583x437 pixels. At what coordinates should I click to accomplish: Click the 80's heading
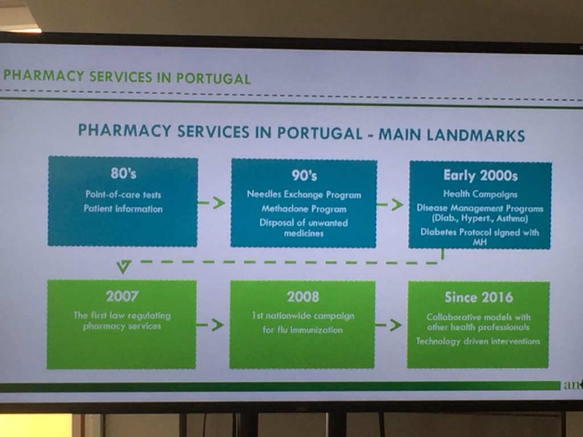(x=124, y=173)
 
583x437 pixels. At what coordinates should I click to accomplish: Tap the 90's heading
(x=304, y=175)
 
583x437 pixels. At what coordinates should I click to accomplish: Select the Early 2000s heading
(x=481, y=175)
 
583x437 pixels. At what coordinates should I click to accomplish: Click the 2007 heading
(x=122, y=296)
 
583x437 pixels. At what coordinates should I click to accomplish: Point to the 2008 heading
(x=303, y=296)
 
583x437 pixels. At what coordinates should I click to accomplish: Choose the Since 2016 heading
(x=479, y=297)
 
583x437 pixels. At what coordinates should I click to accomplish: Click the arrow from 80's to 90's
(x=211, y=203)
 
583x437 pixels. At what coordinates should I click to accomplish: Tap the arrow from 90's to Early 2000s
(x=389, y=204)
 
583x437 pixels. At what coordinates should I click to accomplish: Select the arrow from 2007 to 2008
(x=210, y=325)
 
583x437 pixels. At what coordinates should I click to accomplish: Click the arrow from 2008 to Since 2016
(x=388, y=325)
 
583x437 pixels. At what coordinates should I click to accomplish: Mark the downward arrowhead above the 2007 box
(x=124, y=266)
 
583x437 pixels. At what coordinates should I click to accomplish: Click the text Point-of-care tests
(x=124, y=195)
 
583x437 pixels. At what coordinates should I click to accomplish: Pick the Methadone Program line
(x=304, y=209)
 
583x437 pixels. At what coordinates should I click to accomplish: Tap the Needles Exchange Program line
(x=304, y=195)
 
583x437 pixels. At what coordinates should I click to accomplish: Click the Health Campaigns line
(x=480, y=194)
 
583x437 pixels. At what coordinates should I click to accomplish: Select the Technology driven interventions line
(x=478, y=341)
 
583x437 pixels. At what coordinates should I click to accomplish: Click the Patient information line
(x=123, y=208)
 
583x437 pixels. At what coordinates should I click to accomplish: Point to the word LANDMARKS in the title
(x=451, y=135)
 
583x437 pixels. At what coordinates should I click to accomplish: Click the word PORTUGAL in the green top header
(x=213, y=78)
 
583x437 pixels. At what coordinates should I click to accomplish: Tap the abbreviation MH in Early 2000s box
(x=479, y=242)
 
